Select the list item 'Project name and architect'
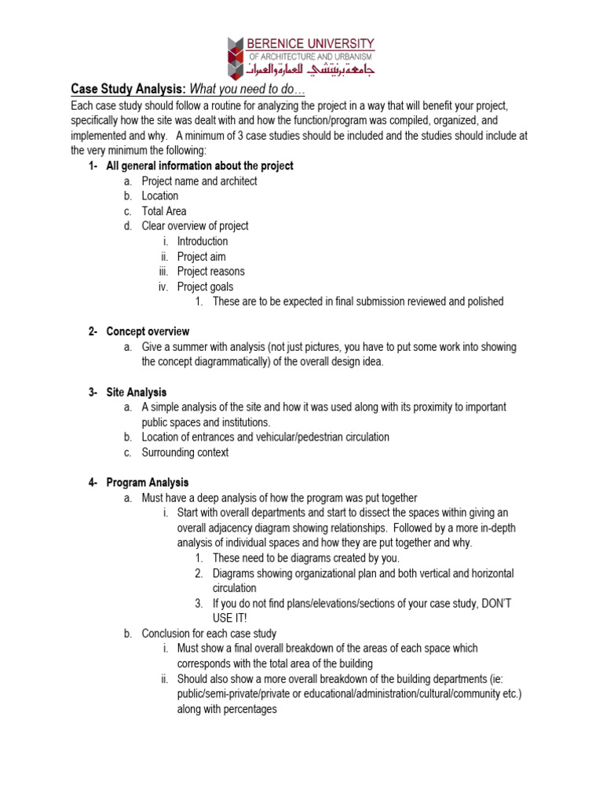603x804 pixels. click(x=199, y=181)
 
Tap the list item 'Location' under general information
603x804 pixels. click(x=160, y=196)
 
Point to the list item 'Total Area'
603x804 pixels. click(x=164, y=211)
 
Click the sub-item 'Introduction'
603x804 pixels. click(x=203, y=241)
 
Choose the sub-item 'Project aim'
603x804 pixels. click(x=201, y=257)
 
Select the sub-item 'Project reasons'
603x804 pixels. click(x=210, y=272)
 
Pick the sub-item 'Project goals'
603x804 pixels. click(x=205, y=287)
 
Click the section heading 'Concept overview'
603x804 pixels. click(x=148, y=332)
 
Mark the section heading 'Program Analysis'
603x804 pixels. click(x=148, y=483)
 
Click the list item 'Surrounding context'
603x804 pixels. click(x=185, y=453)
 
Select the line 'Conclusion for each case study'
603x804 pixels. click(x=209, y=634)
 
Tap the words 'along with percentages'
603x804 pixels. click(x=227, y=709)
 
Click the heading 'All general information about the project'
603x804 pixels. click(x=199, y=166)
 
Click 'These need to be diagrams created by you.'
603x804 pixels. click(x=305, y=558)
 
